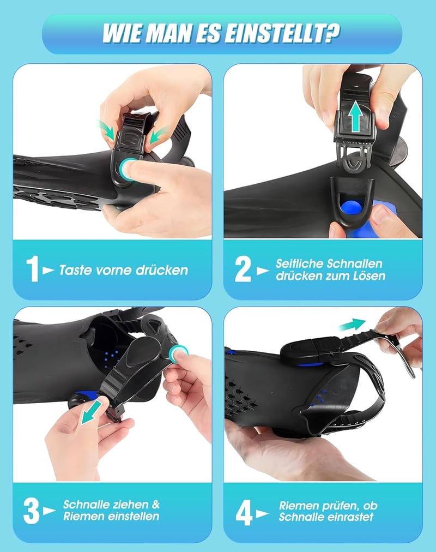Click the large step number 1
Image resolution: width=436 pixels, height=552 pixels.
pos(33,269)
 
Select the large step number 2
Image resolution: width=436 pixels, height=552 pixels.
pos(243,269)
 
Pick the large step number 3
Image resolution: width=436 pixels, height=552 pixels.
pos(32,511)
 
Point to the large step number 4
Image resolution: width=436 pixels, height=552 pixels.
pos(244,513)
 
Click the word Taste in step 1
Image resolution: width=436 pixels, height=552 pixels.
pos(75,270)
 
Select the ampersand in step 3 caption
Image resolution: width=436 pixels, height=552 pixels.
pos(156,504)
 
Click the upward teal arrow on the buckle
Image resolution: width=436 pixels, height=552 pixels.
pos(356,116)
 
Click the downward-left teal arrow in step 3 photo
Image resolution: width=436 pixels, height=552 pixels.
pos(90,413)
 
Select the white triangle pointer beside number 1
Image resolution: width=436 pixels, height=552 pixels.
pos(48,271)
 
